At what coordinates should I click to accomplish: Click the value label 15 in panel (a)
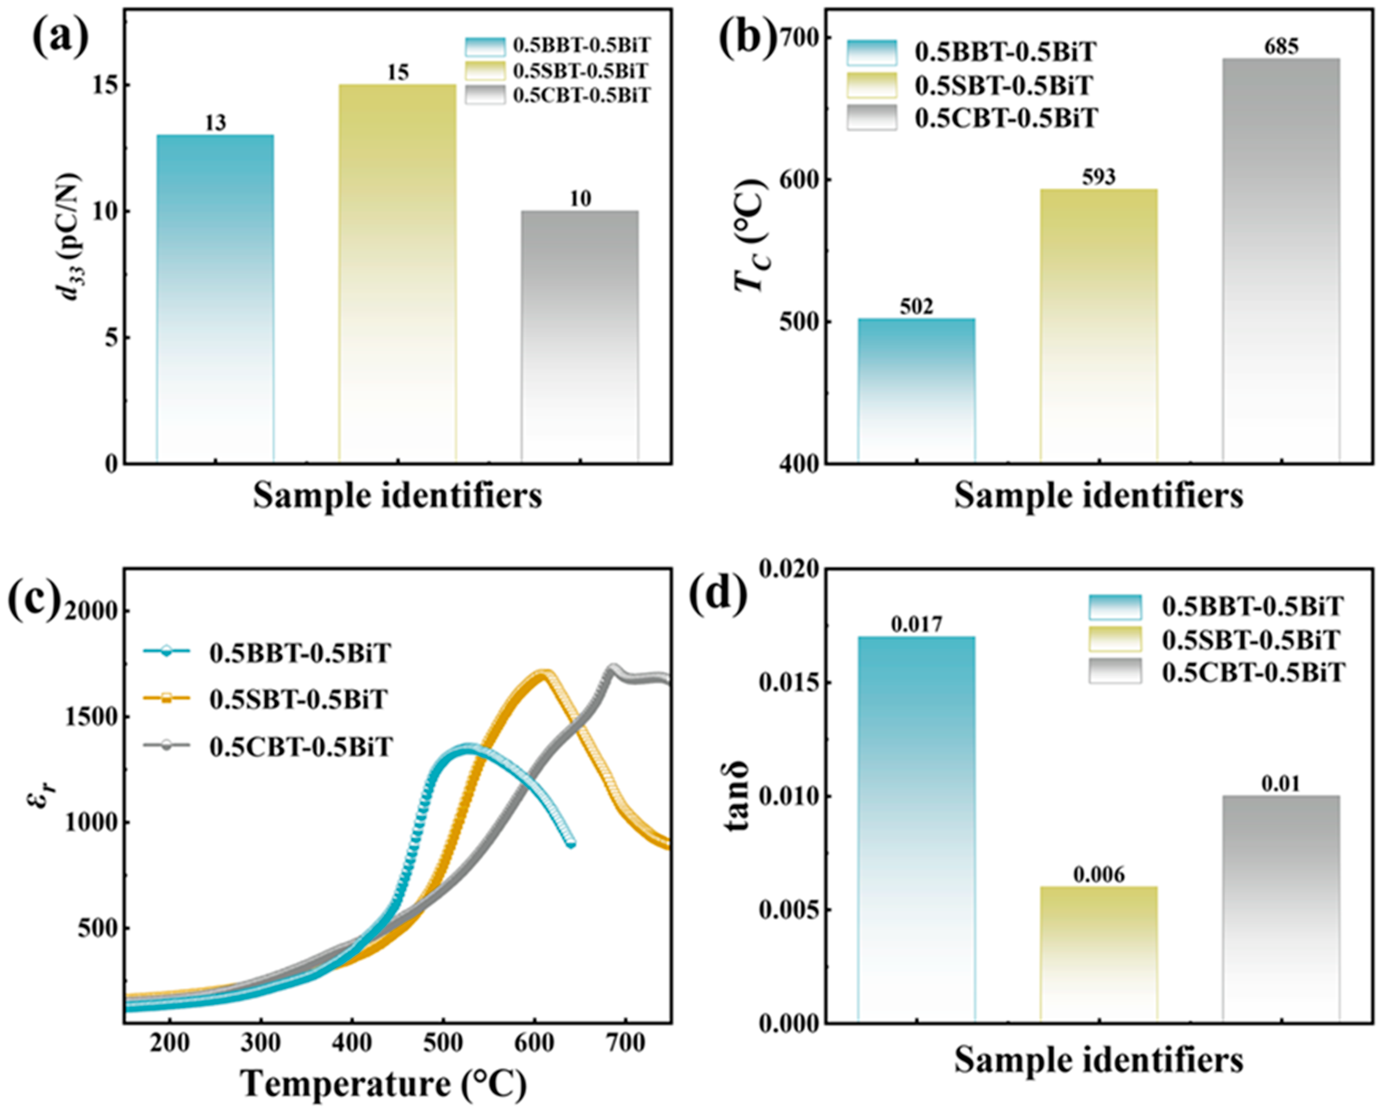pos(397,72)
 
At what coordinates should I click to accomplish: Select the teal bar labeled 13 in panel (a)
pos(215,298)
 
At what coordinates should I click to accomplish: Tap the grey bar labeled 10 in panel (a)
pos(580,337)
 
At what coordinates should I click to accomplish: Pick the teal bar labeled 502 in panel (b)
pos(917,391)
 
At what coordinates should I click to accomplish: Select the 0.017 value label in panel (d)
pos(917,624)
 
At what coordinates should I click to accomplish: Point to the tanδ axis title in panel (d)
pos(738,796)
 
